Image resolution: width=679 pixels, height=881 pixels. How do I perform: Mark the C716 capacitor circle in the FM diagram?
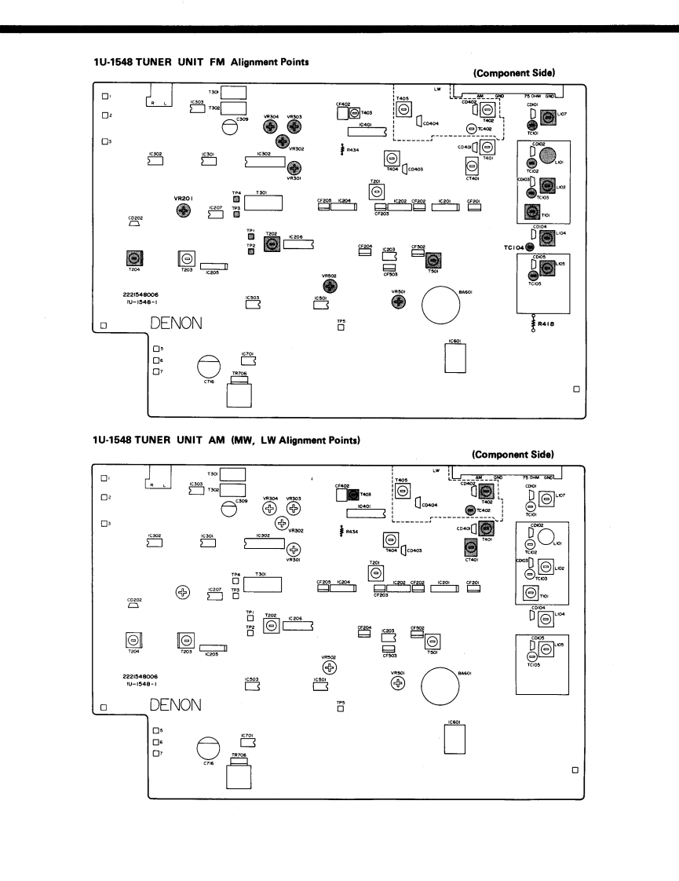[x=209, y=367]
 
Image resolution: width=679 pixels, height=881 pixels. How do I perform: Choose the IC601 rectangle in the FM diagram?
[x=455, y=360]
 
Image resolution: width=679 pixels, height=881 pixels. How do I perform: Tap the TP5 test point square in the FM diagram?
[x=341, y=327]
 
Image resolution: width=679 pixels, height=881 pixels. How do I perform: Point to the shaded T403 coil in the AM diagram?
[x=353, y=495]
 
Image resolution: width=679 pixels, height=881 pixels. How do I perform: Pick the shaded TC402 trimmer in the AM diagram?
[x=470, y=510]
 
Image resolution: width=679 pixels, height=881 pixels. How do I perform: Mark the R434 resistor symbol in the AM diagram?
[x=342, y=530]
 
